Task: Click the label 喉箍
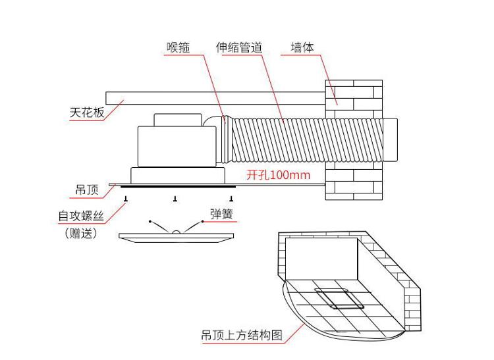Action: [x=178, y=47]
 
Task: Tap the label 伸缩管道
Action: [x=239, y=47]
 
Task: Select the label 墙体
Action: [x=302, y=47]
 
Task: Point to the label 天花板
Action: [x=87, y=113]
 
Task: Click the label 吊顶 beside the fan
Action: [x=87, y=190]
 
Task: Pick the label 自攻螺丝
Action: [x=81, y=216]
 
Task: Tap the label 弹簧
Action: [x=222, y=214]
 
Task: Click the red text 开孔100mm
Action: [x=278, y=174]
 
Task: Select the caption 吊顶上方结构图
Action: [x=242, y=335]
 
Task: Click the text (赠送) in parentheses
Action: [x=81, y=233]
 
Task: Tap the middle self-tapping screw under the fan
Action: [x=175, y=199]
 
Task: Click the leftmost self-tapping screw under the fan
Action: [x=126, y=199]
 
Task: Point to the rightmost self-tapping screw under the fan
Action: [x=231, y=199]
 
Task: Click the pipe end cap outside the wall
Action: [x=390, y=140]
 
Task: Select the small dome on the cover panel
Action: [x=176, y=232]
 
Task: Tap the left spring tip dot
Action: [x=150, y=222]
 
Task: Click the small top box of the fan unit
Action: [x=178, y=120]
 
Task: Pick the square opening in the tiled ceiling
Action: [x=339, y=298]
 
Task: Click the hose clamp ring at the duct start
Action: [x=225, y=140]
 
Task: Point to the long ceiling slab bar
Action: [x=215, y=98]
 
